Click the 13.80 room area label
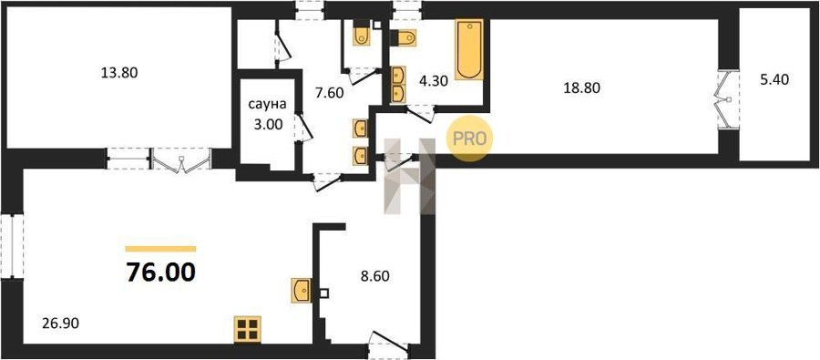point(119,73)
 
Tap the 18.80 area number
point(581,87)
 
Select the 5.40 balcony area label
point(774,79)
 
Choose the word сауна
point(267,105)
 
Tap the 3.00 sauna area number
point(267,125)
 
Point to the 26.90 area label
point(60,324)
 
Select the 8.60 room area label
point(375,276)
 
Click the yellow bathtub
point(469,50)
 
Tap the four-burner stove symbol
point(247,330)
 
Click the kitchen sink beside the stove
point(302,291)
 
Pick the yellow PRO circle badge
point(469,139)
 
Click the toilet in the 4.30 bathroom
point(405,37)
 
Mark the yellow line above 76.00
point(160,249)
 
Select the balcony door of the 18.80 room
point(727,98)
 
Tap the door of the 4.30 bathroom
point(421,113)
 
